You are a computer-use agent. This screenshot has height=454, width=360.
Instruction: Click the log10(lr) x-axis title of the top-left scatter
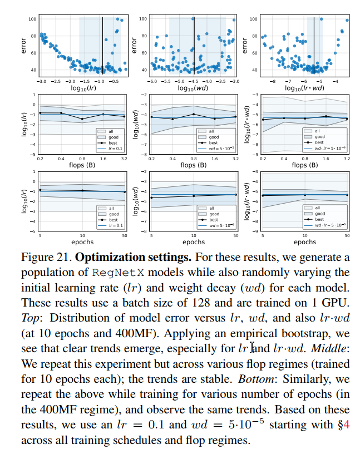click(x=83, y=88)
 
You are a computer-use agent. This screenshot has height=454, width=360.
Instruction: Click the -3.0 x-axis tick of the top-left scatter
click(x=42, y=81)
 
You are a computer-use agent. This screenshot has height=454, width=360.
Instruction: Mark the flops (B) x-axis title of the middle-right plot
click(x=304, y=165)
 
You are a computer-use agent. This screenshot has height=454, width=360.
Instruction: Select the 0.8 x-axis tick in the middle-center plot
click(x=194, y=158)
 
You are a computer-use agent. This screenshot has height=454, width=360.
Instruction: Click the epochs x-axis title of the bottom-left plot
click(x=83, y=242)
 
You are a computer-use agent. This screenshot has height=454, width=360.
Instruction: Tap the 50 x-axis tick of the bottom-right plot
click(x=347, y=235)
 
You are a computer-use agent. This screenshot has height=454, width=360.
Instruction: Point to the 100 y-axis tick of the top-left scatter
click(x=33, y=19)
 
